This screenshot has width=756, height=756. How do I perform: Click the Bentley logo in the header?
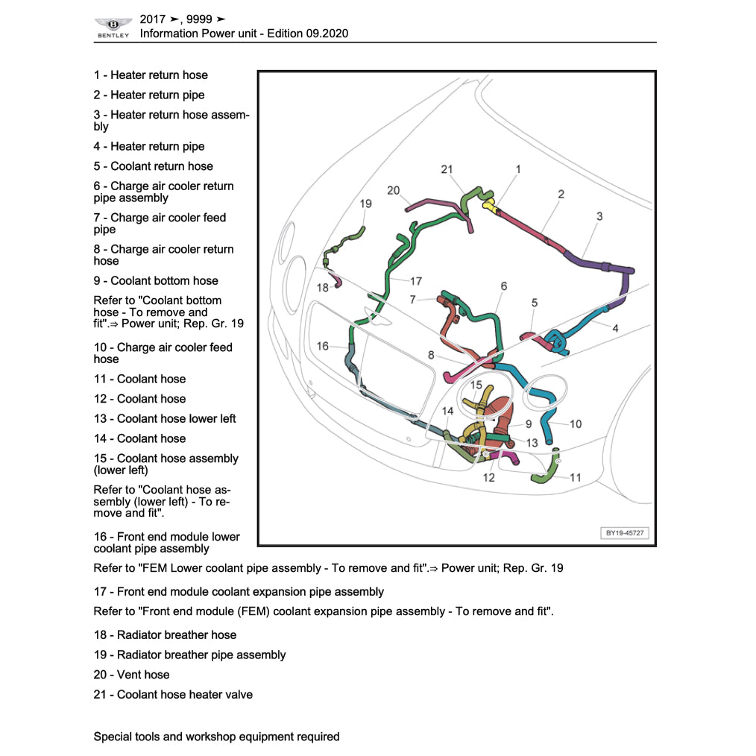point(113,28)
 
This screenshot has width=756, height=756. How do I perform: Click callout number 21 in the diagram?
point(447,169)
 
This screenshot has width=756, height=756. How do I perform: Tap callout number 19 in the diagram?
point(365,204)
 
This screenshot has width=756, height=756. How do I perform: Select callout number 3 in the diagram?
point(599,216)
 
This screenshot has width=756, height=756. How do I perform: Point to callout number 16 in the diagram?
point(322,346)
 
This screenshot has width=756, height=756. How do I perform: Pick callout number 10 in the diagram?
point(576,424)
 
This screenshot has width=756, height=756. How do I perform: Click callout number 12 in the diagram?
point(488,478)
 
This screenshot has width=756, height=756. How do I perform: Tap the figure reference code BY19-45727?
point(625,533)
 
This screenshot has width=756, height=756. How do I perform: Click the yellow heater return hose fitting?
point(490,204)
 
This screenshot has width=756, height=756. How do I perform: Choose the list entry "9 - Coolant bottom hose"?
point(156,281)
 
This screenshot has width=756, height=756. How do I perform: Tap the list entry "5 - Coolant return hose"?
point(153,166)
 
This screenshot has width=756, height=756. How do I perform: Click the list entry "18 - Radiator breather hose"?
point(165,635)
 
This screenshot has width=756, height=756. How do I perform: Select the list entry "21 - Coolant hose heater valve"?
point(173,695)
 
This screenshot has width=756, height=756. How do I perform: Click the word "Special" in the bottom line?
point(113,737)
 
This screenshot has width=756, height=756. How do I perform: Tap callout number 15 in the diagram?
point(476,385)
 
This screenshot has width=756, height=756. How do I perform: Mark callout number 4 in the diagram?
point(614,328)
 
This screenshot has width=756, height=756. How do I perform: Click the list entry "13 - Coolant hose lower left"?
point(165,419)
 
